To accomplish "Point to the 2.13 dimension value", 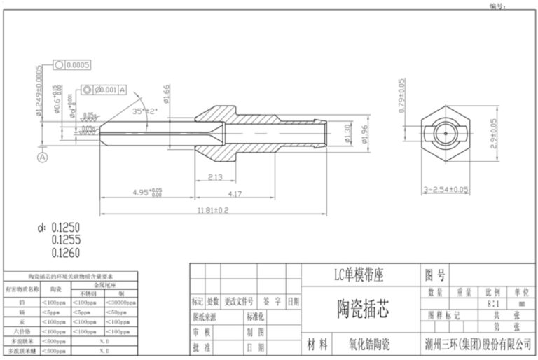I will point(216,177).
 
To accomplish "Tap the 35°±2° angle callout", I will point(145,111).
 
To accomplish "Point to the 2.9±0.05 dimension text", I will point(494,132).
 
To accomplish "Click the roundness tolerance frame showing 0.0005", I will point(72,65).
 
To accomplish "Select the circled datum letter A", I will point(43,158).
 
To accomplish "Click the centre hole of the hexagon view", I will point(444,132).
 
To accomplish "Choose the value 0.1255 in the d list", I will point(66,239).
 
